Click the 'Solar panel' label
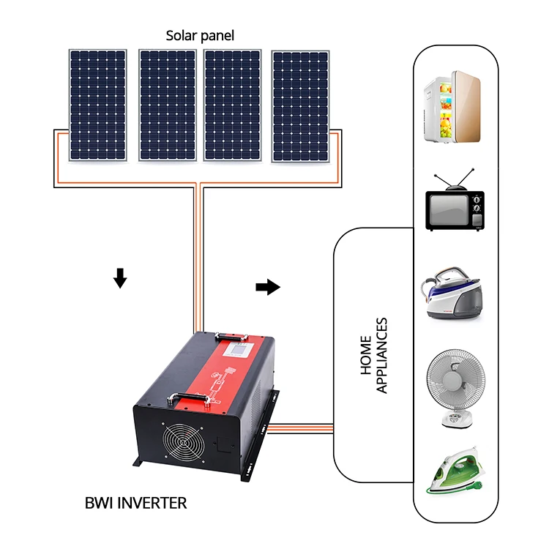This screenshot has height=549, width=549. pos(200,35)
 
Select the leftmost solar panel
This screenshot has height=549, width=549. pos(98,105)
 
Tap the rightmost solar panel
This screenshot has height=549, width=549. pos(300,105)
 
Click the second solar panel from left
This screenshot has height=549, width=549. pos(168,105)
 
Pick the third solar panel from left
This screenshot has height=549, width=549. pos(233,105)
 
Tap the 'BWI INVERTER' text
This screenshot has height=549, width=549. pos(135,504)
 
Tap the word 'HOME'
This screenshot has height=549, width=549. pos(367,356)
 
